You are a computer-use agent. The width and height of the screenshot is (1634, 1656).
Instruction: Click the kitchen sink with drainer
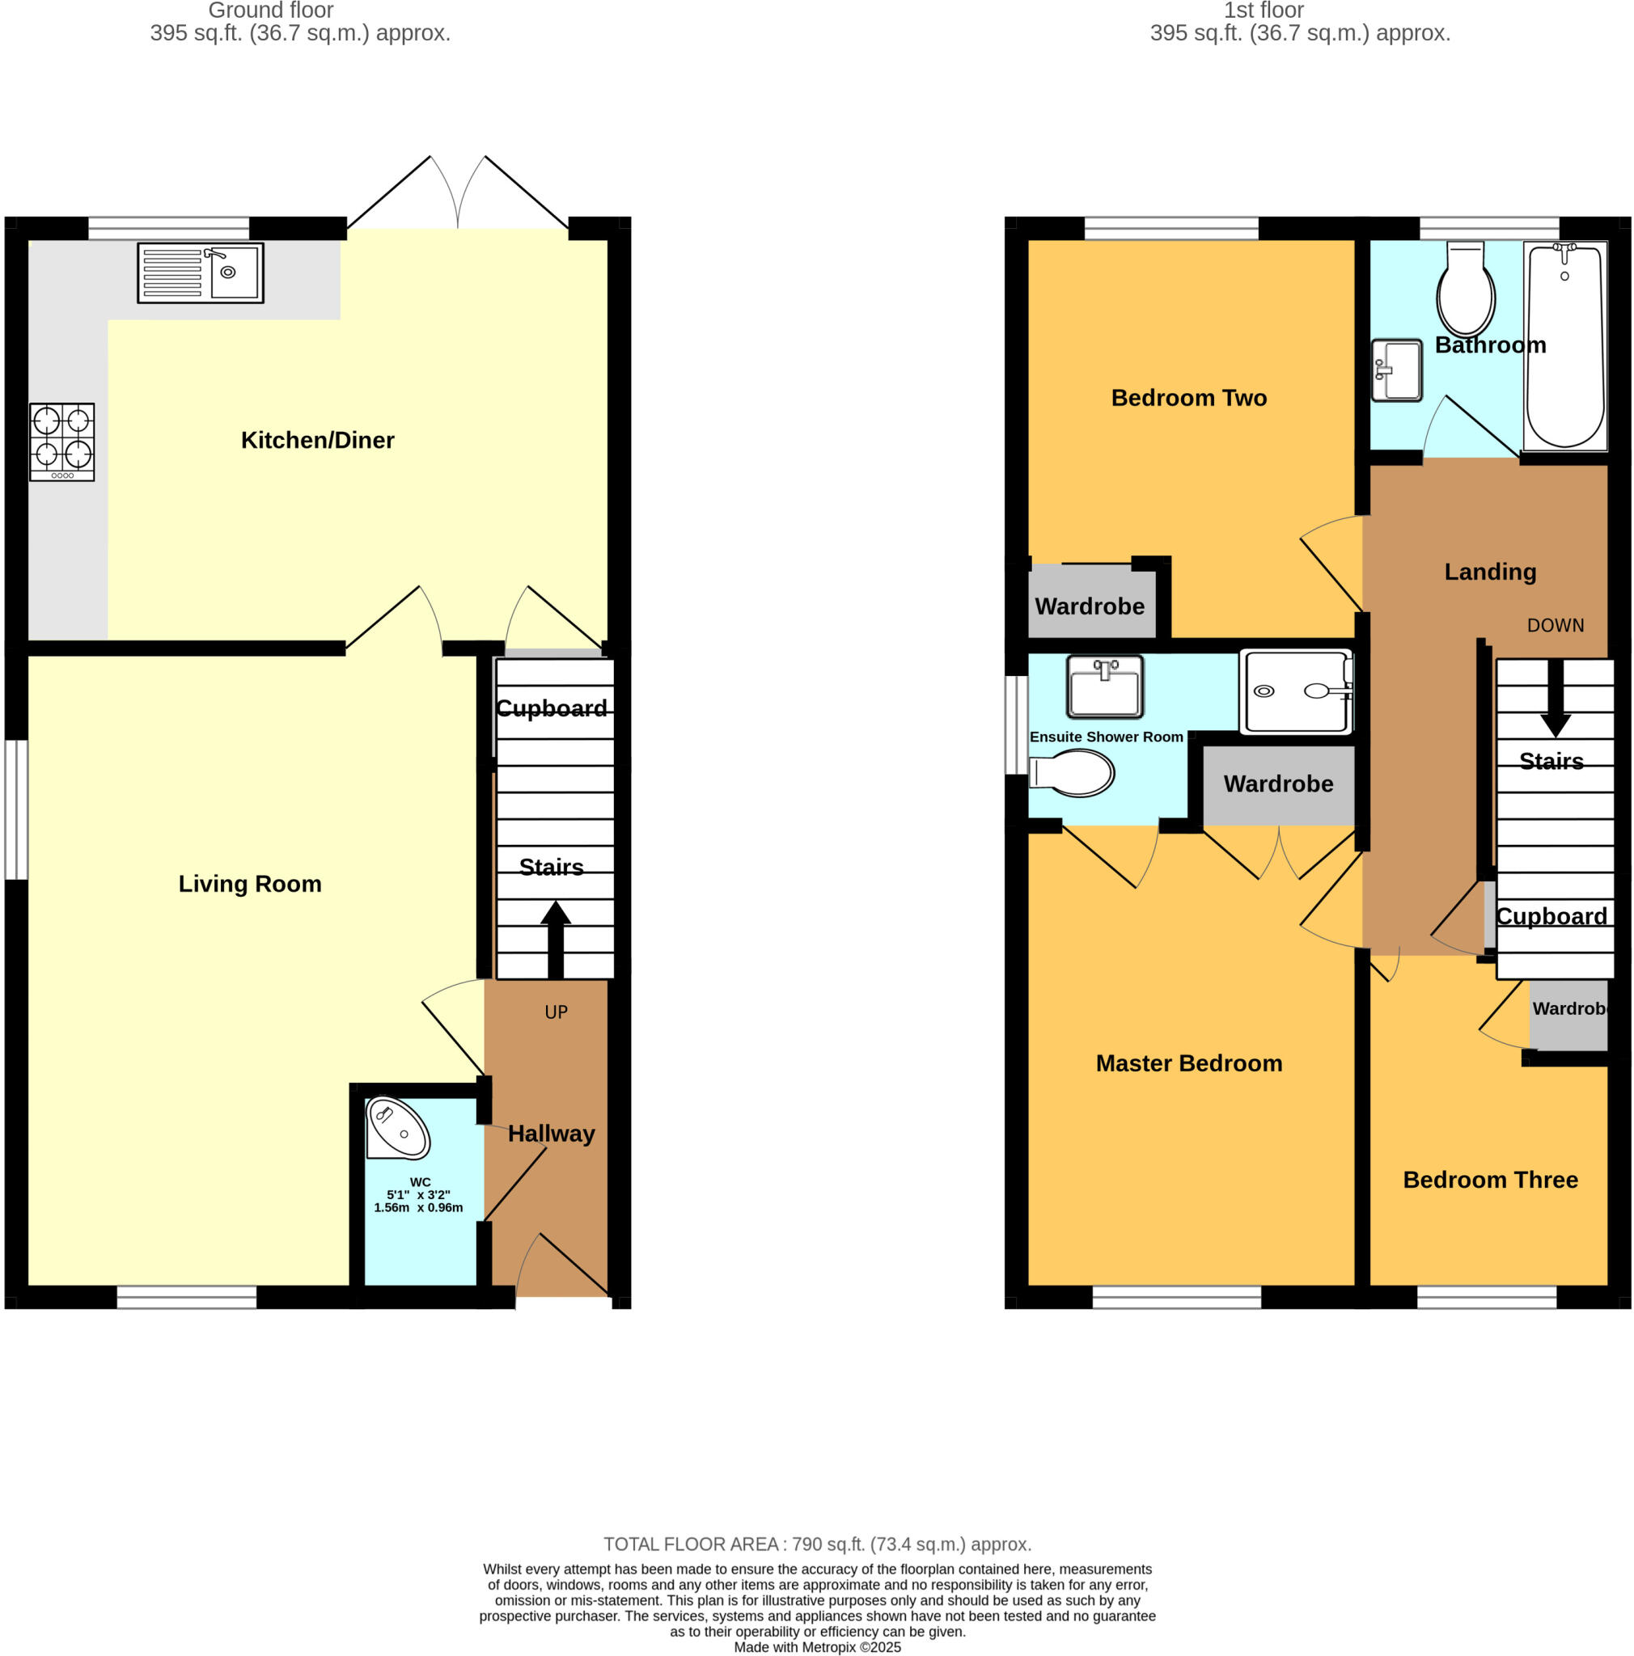(x=200, y=272)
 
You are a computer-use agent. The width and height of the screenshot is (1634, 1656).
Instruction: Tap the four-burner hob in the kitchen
(x=61, y=441)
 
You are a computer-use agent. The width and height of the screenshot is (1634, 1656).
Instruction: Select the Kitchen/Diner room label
(x=317, y=440)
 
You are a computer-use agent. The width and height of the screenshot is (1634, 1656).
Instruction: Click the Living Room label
(x=249, y=884)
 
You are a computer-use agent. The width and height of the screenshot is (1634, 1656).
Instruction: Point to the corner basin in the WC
(x=397, y=1129)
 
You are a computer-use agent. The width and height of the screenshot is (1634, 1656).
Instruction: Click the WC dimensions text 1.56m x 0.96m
(x=418, y=1208)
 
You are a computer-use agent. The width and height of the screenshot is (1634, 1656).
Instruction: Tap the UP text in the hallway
(x=556, y=1012)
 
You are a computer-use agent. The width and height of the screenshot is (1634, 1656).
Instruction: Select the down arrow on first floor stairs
(x=1554, y=699)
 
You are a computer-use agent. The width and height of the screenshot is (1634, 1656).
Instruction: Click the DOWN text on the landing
(x=1554, y=626)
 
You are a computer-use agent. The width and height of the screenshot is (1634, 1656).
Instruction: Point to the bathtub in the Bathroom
(x=1564, y=344)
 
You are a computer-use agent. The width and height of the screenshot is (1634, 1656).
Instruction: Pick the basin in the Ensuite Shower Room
(x=1104, y=686)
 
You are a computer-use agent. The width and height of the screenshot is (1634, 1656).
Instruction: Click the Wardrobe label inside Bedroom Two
(x=1089, y=606)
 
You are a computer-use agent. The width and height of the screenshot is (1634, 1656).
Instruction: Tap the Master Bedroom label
(x=1188, y=1062)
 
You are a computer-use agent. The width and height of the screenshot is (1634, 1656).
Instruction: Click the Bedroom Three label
(x=1489, y=1180)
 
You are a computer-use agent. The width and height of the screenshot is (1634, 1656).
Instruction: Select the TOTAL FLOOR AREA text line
(x=817, y=1544)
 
